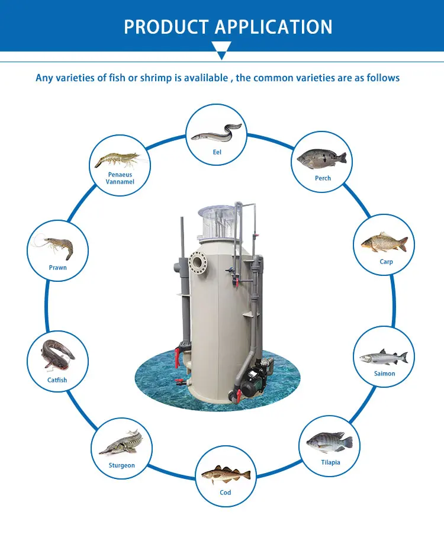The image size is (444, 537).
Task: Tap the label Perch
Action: click(323, 178)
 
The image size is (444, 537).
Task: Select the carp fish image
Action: click(384, 243)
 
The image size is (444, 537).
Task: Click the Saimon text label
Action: click(384, 374)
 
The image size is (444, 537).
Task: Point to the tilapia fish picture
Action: click(330, 443)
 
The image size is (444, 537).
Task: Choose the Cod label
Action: click(226, 493)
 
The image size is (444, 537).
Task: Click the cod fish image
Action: click(226, 474)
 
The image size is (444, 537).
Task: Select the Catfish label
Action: click(57, 380)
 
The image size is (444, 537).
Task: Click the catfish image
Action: click(57, 355)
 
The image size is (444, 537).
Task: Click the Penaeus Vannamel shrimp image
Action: click(118, 159)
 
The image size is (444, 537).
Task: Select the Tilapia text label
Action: click(330, 462)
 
